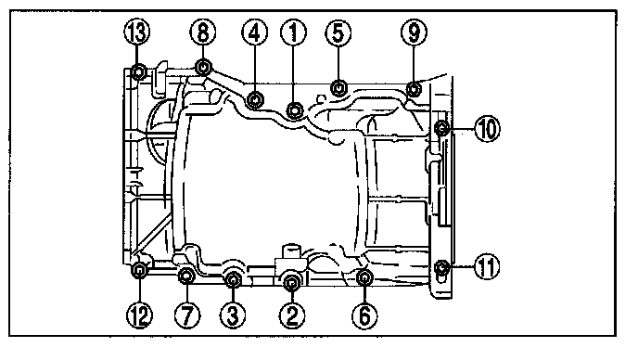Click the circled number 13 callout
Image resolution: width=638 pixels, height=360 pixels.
(x=137, y=32)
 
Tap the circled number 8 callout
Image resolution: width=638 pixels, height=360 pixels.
(x=203, y=32)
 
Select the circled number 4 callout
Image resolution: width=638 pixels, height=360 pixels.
(x=254, y=32)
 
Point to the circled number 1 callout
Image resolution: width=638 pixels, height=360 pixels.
(x=294, y=32)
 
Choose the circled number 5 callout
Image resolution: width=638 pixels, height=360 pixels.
(x=338, y=32)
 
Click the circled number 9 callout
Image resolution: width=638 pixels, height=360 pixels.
(x=414, y=32)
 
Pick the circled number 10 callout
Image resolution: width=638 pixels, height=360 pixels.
(x=487, y=129)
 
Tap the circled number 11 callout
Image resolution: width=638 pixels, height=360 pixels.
(x=487, y=266)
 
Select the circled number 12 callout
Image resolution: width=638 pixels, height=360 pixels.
(x=139, y=315)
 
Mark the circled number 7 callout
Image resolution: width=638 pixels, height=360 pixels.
(x=187, y=315)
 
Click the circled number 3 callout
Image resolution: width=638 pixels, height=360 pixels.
(x=233, y=315)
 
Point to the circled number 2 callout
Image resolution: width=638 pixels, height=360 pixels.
(x=292, y=315)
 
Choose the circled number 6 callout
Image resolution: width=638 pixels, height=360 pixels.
(x=364, y=315)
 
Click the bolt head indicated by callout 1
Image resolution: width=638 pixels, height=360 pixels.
(x=295, y=110)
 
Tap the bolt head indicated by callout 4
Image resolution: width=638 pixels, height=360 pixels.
(x=254, y=99)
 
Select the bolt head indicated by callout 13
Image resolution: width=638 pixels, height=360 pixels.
(x=139, y=72)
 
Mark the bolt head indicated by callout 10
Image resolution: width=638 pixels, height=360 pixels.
(x=441, y=129)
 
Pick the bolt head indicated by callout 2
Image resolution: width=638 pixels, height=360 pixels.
(x=292, y=282)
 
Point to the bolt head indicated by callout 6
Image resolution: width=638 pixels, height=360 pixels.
(x=364, y=277)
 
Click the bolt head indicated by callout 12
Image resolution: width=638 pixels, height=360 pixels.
(x=139, y=270)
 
